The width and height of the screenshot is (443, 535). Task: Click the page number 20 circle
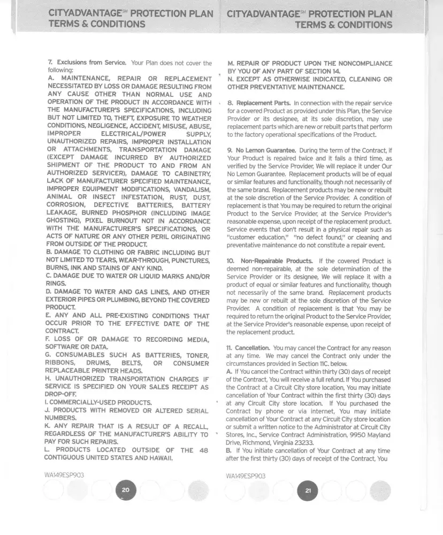coord(126,491)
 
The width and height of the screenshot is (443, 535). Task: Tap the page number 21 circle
coord(307,491)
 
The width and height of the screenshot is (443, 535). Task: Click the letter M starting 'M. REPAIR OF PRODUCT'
coord(231,63)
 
